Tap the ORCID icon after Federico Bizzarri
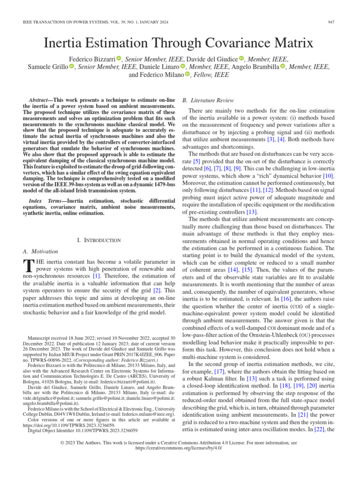pos(119,59)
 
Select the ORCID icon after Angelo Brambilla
pos(283,67)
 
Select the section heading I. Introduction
pos(98,240)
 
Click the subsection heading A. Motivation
pos(40,251)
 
